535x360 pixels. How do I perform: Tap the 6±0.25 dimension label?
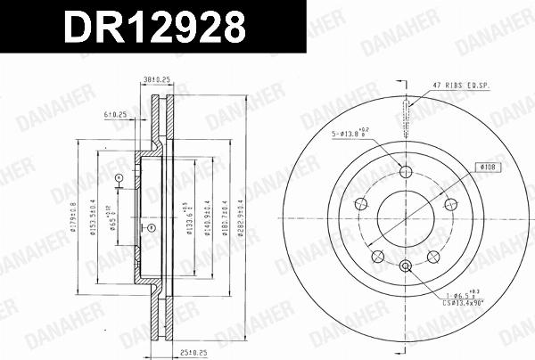(x=116, y=114)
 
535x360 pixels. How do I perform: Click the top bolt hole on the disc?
(x=406, y=173)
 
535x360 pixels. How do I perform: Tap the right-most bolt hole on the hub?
(x=451, y=204)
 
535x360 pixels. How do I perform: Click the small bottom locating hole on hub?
(x=406, y=265)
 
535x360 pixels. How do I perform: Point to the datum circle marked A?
(x=119, y=178)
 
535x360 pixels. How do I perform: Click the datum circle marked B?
(x=151, y=227)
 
